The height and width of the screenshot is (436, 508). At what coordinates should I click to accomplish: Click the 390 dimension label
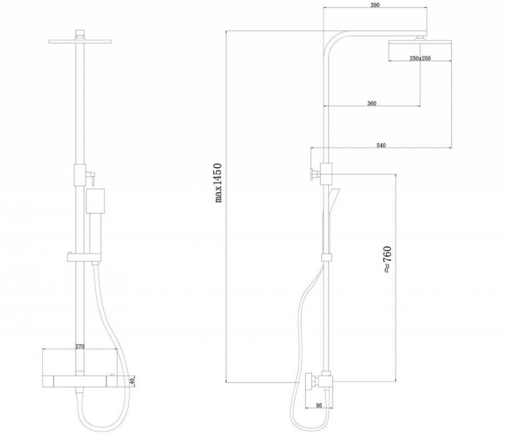pos(375,5)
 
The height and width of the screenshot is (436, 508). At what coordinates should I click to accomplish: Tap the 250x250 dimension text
pos(420,58)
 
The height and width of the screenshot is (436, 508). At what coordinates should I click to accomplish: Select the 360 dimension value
pos(372,103)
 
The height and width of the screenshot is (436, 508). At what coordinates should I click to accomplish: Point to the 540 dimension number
pos(381,145)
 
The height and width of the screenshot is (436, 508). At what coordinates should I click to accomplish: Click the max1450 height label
pos(218,183)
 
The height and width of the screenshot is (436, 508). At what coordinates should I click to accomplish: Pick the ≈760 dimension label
pos(387,260)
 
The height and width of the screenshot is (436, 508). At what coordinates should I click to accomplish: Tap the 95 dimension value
pos(319,405)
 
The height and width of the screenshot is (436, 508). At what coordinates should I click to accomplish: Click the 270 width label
pos(79,346)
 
